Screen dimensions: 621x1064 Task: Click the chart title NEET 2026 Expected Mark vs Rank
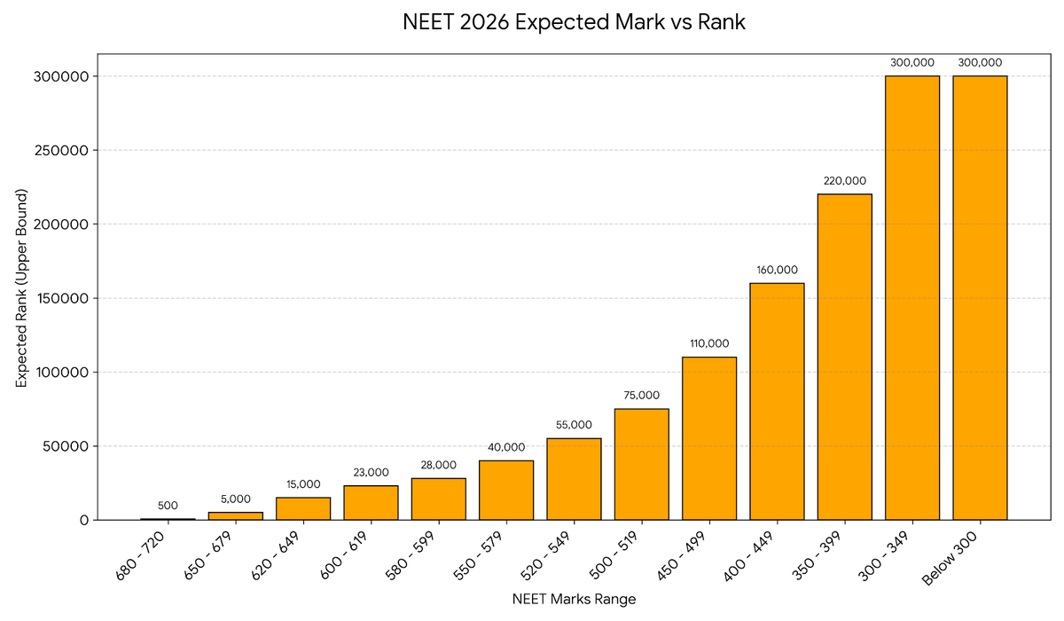(x=574, y=23)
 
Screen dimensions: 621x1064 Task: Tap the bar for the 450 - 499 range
(x=708, y=438)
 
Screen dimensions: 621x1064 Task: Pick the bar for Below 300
(x=980, y=297)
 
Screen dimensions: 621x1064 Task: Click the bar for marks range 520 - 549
(x=574, y=479)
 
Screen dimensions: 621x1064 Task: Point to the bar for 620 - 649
(x=303, y=508)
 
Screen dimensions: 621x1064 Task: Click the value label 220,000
(x=844, y=181)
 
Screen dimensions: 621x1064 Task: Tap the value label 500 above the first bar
(x=168, y=506)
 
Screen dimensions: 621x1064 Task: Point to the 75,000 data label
(x=641, y=396)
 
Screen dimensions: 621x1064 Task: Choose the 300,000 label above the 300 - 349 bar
(x=912, y=63)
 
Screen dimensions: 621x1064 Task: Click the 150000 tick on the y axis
(x=65, y=298)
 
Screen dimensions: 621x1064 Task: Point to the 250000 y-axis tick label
(x=65, y=150)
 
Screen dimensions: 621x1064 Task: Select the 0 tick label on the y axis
(x=84, y=520)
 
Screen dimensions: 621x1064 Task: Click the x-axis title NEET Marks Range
(x=574, y=599)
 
